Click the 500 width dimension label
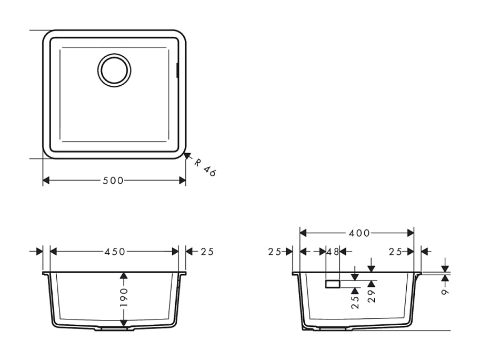[x=113, y=181]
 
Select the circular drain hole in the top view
[x=114, y=69]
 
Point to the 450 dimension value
[x=115, y=252]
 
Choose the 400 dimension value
[x=359, y=233]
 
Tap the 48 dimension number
[x=333, y=252]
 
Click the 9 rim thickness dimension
[x=445, y=291]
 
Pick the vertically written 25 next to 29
[x=355, y=302]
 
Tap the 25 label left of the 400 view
[x=275, y=252]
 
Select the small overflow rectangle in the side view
[x=333, y=284]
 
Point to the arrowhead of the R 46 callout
[x=186, y=155]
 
